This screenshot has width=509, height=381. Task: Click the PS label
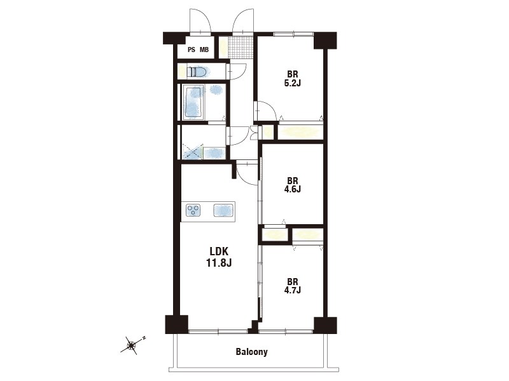tap(192, 50)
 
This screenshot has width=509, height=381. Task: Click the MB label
tap(204, 50)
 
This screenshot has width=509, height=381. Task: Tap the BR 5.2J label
tap(293, 79)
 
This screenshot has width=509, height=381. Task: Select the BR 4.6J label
tap(293, 185)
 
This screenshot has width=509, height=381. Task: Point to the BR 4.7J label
tap(293, 286)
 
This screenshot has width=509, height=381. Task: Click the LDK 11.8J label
tap(219, 257)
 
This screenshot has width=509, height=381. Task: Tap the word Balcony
tap(252, 352)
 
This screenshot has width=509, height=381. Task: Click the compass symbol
tap(132, 345)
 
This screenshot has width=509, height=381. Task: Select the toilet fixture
tap(197, 72)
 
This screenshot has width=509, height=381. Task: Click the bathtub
tap(193, 102)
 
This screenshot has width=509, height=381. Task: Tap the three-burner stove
tap(193, 210)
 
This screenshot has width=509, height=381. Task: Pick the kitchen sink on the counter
tap(224, 210)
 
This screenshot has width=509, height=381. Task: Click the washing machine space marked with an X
tap(193, 152)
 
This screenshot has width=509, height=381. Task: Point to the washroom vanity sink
tap(214, 153)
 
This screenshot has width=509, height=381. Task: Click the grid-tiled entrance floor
tap(241, 47)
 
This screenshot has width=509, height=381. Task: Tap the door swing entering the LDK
tap(248, 173)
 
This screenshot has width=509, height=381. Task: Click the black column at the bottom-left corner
tap(177, 324)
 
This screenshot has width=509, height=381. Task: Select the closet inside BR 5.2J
tap(300, 132)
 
